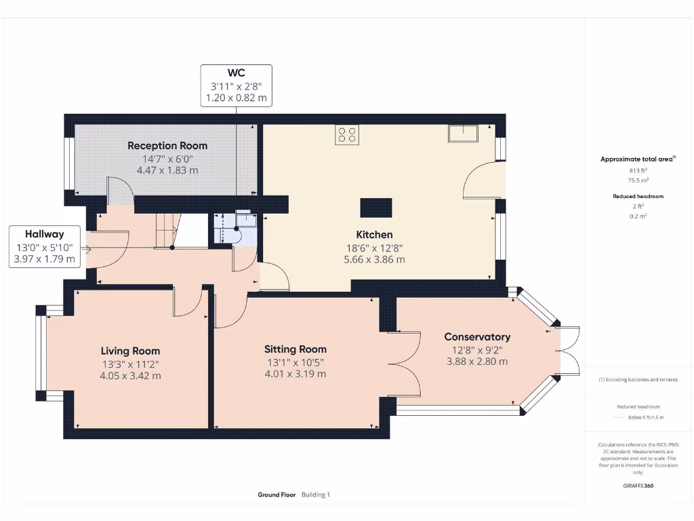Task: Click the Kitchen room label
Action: (374, 234)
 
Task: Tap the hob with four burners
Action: (347, 135)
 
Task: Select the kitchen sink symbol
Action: (463, 133)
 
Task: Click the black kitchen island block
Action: (375, 208)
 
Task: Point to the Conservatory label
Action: (477, 336)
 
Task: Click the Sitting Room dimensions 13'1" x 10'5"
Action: (295, 362)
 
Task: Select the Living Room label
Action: (130, 351)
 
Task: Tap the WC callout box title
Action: (237, 73)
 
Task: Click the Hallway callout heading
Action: (44, 234)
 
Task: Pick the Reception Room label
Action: (167, 146)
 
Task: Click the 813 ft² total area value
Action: (638, 170)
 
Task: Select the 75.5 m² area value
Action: (638, 180)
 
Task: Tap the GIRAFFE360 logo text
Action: (638, 486)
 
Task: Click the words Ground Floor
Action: (277, 495)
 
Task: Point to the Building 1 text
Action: (316, 495)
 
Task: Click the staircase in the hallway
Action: (167, 231)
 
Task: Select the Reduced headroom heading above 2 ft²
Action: (638, 196)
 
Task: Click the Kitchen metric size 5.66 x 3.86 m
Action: (374, 260)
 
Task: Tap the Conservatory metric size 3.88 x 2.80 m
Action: (477, 362)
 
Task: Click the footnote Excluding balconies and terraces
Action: (638, 380)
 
